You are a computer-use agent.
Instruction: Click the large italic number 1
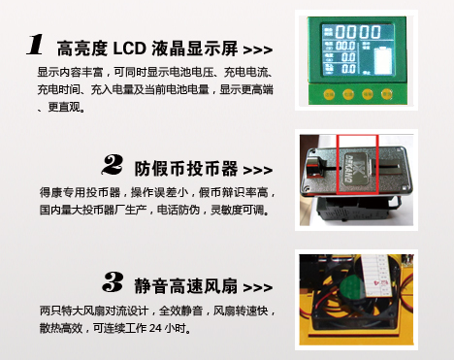(35, 45)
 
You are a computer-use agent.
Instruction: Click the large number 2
(113, 165)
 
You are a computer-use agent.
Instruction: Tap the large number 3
(113, 281)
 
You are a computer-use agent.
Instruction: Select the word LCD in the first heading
(129, 49)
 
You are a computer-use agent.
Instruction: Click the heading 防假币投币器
(186, 169)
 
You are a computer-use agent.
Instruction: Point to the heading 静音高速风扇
(186, 286)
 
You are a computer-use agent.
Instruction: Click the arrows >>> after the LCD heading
(258, 50)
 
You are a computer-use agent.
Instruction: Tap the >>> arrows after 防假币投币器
(258, 170)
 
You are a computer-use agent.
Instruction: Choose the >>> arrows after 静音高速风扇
(258, 287)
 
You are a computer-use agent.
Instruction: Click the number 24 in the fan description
(155, 328)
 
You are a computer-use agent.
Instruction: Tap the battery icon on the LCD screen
(383, 61)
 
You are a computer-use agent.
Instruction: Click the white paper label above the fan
(376, 276)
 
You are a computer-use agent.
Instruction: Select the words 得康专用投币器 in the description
(80, 193)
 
